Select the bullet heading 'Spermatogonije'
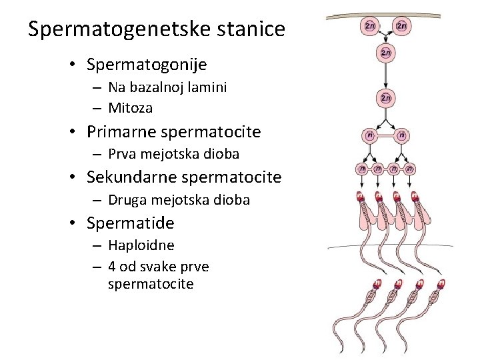tap(147, 65)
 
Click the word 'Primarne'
tap(119, 131)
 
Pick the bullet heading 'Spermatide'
tap(130, 223)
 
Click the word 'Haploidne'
tap(141, 245)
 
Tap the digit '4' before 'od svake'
tap(112, 267)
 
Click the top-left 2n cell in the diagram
tap(370, 26)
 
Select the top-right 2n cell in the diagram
tap(402, 26)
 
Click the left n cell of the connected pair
tap(369, 136)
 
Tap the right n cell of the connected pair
tap(402, 136)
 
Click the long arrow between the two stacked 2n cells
tap(386, 75)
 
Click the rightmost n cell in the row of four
tap(411, 169)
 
